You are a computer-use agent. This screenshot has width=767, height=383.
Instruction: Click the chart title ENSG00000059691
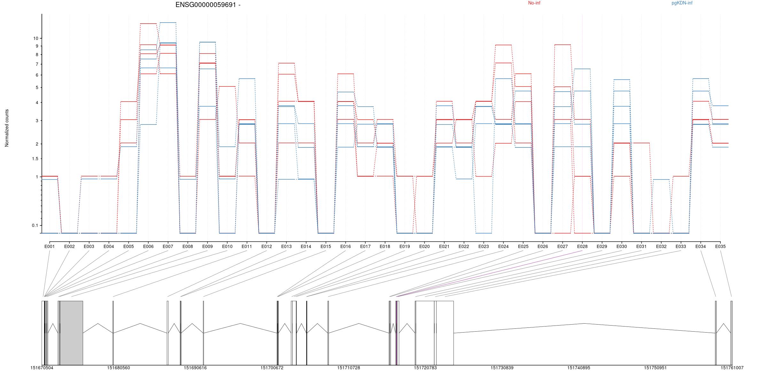coord(208,5)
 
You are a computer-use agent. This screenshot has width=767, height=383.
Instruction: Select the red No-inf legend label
coord(534,3)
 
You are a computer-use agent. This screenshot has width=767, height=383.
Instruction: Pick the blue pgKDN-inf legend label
coord(682,3)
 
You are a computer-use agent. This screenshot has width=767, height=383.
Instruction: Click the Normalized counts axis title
coord(7,128)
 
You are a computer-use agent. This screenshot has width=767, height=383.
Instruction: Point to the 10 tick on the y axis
coord(35,38)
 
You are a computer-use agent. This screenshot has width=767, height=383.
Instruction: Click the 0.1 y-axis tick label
coord(35,226)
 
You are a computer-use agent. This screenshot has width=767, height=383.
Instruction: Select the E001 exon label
coord(50,246)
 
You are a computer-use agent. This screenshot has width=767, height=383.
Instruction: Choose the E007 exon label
coord(168,246)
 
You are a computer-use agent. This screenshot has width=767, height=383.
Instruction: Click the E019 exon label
coord(405,246)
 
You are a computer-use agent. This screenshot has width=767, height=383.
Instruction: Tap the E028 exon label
coord(582,246)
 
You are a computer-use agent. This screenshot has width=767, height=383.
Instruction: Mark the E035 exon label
coord(720,246)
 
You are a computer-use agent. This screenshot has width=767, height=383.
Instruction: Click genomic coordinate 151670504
coord(42,368)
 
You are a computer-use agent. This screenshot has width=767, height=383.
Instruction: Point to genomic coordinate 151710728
coord(348,368)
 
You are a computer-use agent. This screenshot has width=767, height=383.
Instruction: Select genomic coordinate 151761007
coord(732,368)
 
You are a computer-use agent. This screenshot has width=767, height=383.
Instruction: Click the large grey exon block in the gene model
coord(71,333)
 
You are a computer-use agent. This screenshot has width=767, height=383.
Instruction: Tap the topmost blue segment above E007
coord(168,23)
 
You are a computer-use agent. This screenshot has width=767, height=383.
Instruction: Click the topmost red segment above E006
coord(148,24)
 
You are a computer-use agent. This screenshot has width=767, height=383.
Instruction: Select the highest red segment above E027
coord(562,45)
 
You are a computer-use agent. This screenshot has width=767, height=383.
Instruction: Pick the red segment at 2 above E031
coord(641,143)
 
